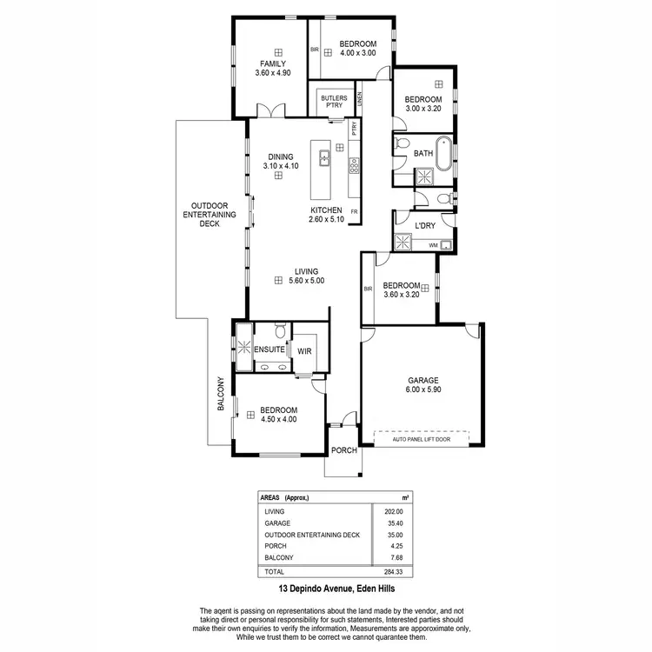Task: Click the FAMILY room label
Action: coord(272,63)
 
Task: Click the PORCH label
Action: coord(344,450)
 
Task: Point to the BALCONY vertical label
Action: coord(222,394)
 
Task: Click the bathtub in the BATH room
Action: coord(443,153)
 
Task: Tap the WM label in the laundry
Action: coord(432,246)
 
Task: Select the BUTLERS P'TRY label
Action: coord(334,103)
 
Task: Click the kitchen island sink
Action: coord(323,157)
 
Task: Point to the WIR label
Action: coord(304,351)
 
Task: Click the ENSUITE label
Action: coord(269,349)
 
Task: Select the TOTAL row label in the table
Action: coord(274,571)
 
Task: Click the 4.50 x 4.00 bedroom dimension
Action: coord(279,420)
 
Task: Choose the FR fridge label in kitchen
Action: coord(354,211)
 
